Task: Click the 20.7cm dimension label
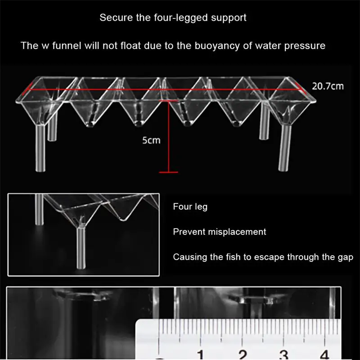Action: pyautogui.click(x=328, y=85)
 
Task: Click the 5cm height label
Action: pyautogui.click(x=151, y=140)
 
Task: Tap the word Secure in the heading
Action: pyautogui.click(x=114, y=18)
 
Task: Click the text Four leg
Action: pyautogui.click(x=190, y=207)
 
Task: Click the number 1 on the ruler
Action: pyautogui.click(x=200, y=353)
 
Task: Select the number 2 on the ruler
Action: pyautogui.click(x=243, y=353)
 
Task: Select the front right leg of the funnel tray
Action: pyautogui.click(x=283, y=146)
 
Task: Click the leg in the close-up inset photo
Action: pyautogui.click(x=81, y=247)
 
